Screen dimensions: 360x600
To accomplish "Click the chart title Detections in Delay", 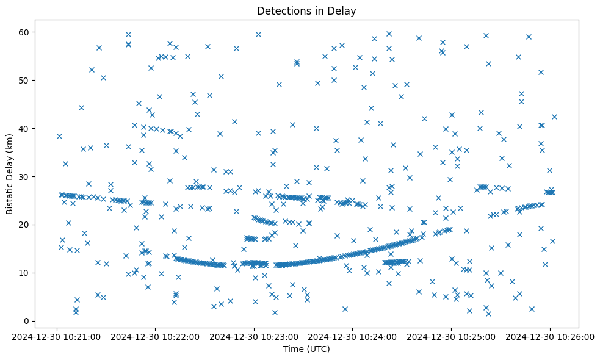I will (x=306, y=10).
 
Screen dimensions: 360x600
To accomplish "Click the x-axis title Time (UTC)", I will (x=306, y=350).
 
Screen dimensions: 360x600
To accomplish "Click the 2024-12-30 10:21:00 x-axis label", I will (x=57, y=336).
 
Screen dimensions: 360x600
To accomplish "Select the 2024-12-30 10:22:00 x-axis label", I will (x=156, y=336).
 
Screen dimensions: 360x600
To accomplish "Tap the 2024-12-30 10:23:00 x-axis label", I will (x=255, y=336).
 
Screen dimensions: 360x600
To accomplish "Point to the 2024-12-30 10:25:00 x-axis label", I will (x=452, y=336).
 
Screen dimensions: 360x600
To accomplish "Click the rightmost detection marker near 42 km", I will (x=554, y=117).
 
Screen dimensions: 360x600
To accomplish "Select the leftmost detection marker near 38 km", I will (x=59, y=136).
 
